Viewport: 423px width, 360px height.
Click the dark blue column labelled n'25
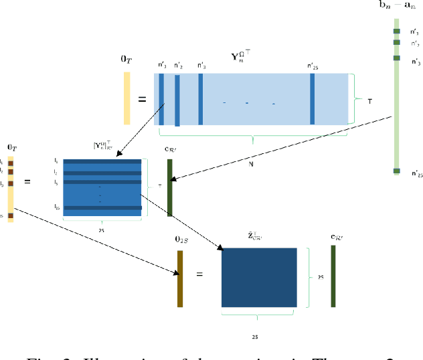312,98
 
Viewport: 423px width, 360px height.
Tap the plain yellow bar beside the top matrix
126,98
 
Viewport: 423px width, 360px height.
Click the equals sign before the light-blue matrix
142,100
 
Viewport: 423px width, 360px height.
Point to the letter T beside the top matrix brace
370,100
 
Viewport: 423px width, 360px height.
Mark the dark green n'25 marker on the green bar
396,171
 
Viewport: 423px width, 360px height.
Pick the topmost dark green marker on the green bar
396,31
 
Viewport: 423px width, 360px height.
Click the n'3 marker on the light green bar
396,58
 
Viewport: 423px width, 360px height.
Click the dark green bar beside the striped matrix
170,187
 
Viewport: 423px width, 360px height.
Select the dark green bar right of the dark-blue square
333,276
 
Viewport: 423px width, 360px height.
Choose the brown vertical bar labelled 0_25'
180,278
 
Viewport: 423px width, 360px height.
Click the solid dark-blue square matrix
259,278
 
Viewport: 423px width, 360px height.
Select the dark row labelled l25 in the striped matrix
102,208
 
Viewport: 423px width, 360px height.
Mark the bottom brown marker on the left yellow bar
10,215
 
